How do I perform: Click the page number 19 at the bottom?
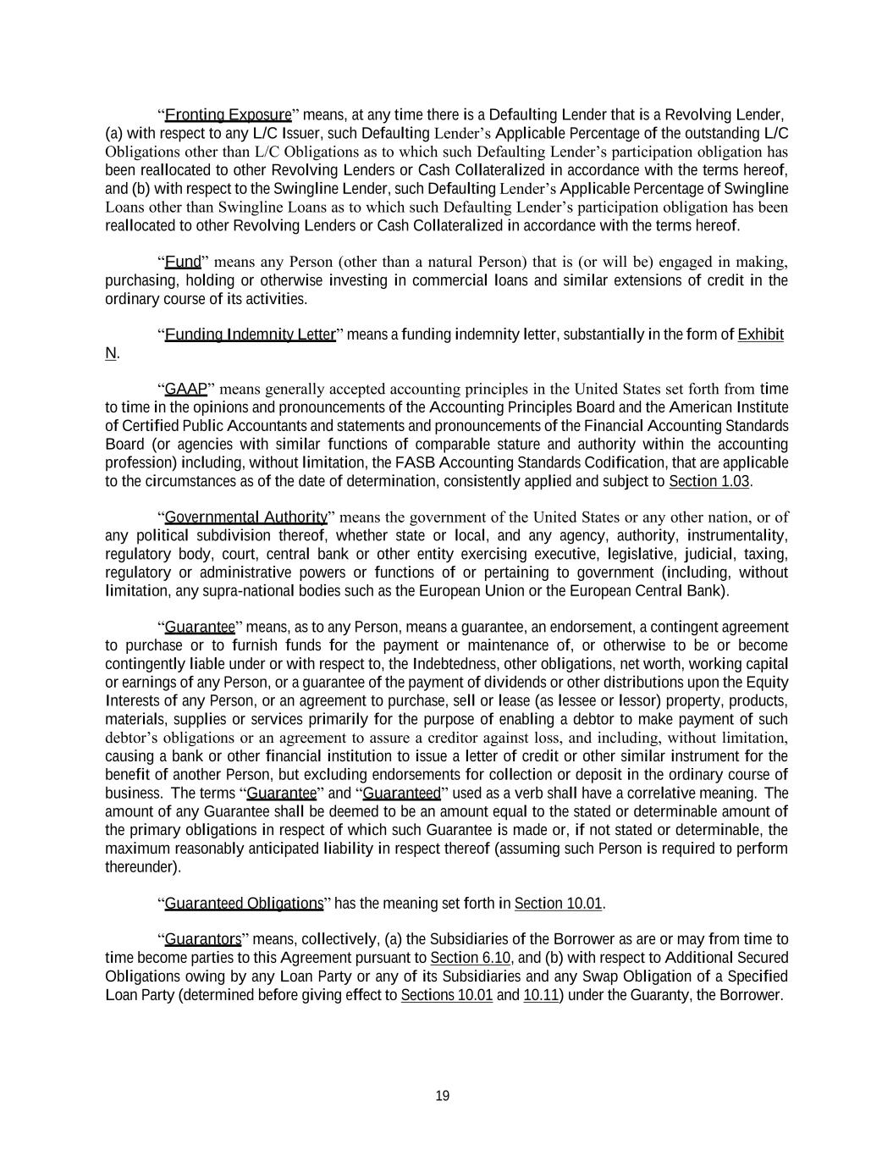(x=442, y=1096)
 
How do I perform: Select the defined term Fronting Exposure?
(x=228, y=114)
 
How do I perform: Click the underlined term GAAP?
(x=186, y=389)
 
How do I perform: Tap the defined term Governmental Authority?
(x=246, y=517)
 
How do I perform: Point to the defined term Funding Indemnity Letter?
(x=250, y=335)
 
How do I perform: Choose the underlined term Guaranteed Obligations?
(x=244, y=903)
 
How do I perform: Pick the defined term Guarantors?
(x=202, y=939)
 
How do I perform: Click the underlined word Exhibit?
(x=760, y=335)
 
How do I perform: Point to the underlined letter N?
(x=110, y=353)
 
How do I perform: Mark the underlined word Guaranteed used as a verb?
(x=401, y=793)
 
